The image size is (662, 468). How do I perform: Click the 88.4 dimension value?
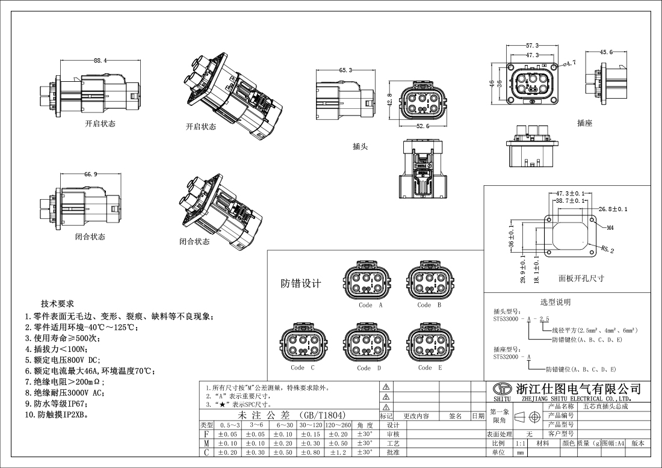tap(101, 61)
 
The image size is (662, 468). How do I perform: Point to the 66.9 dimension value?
tap(91, 174)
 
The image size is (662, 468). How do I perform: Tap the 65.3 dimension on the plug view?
tap(346, 70)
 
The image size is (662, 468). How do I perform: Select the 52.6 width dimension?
tap(422, 126)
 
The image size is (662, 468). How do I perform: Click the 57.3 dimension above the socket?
tap(532, 46)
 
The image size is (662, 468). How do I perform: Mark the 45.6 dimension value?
tap(606, 52)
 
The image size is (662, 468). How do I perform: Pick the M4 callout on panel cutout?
tap(610, 228)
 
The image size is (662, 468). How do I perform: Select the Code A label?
tap(366, 305)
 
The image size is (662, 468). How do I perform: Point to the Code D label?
tap(368, 368)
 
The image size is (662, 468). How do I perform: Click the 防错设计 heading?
tap(301, 284)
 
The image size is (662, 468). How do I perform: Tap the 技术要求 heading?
tap(57, 303)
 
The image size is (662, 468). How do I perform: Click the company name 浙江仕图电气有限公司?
tap(577, 389)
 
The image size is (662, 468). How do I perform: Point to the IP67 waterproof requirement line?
tap(57, 404)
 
